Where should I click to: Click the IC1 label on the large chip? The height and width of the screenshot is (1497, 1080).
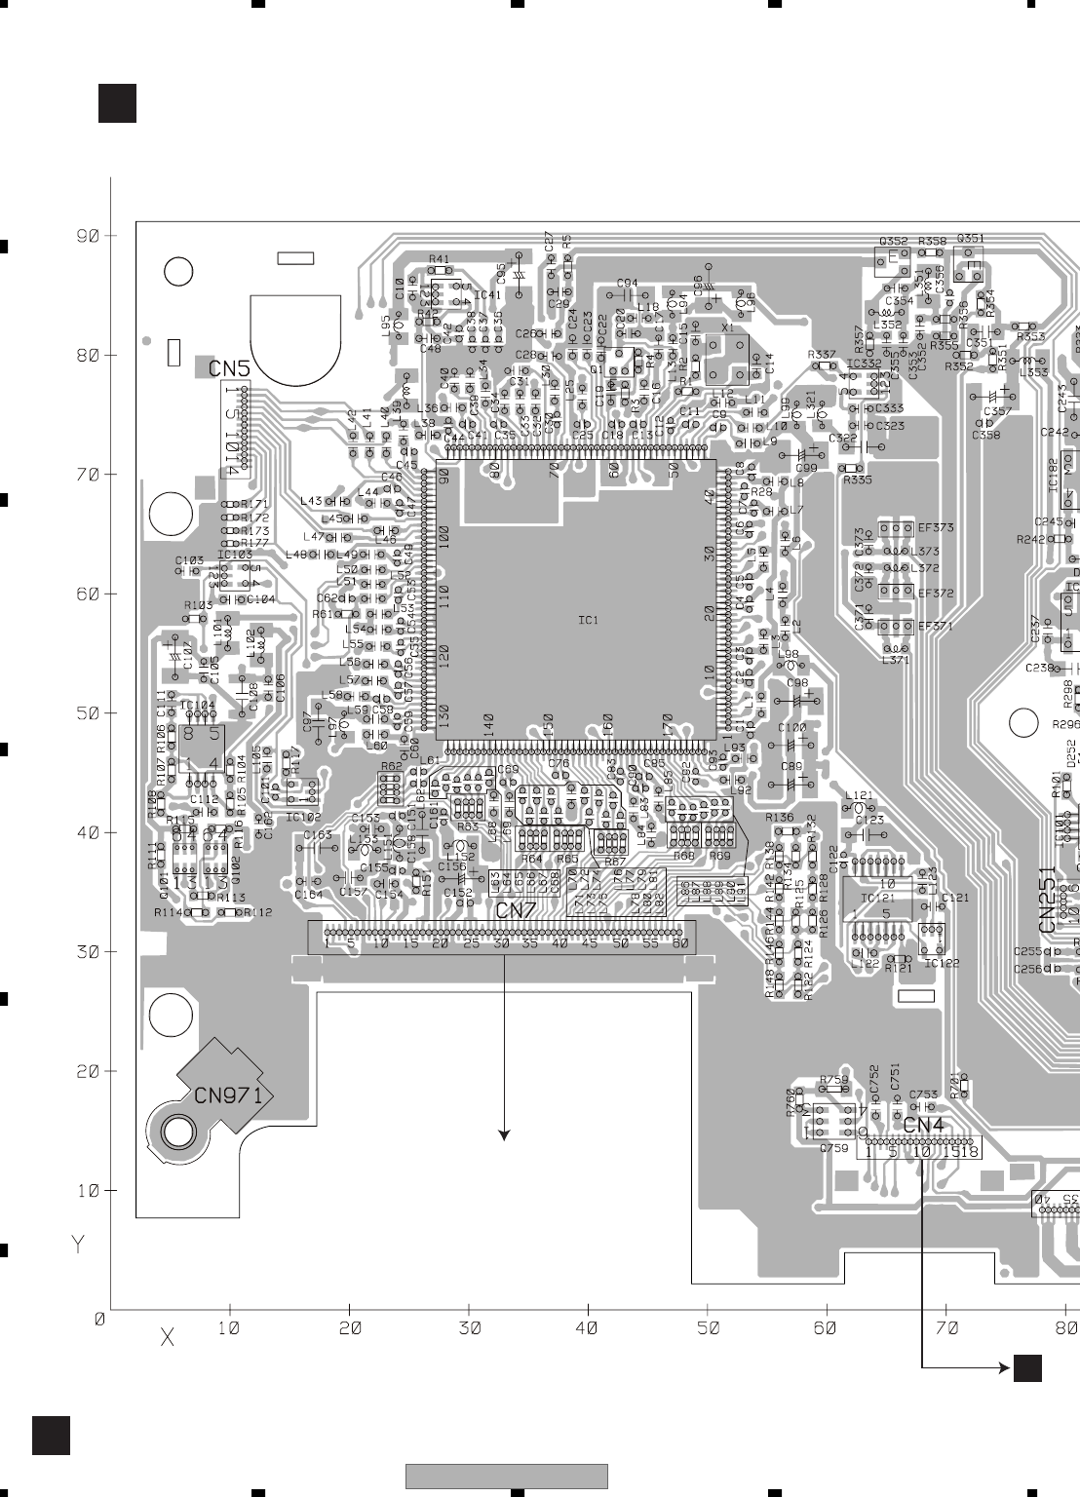coord(588,620)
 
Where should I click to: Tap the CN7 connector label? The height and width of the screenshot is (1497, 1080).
coord(516,911)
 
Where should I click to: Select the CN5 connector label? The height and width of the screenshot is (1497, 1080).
coord(230,369)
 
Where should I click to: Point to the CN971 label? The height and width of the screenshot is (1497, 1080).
coord(228,1094)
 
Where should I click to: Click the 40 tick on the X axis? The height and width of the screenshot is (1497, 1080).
coord(587,1327)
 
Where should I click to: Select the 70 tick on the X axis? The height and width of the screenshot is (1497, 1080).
coord(945,1327)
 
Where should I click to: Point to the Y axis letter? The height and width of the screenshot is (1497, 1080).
coord(78,1245)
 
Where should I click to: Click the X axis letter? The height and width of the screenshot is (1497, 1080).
coord(167,1338)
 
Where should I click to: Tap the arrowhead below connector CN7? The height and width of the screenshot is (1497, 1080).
coord(504,1134)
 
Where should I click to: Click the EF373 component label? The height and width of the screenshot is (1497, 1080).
coord(936,527)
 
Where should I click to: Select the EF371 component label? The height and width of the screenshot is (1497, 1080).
coord(935,626)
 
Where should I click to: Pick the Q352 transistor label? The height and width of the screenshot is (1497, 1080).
coord(893,242)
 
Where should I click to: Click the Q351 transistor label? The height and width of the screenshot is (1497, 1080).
coord(970,238)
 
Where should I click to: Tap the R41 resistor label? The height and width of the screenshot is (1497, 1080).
coord(439,258)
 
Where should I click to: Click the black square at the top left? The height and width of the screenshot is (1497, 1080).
coord(117,103)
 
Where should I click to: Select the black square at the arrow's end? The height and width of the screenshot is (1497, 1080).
coord(1027,1368)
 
